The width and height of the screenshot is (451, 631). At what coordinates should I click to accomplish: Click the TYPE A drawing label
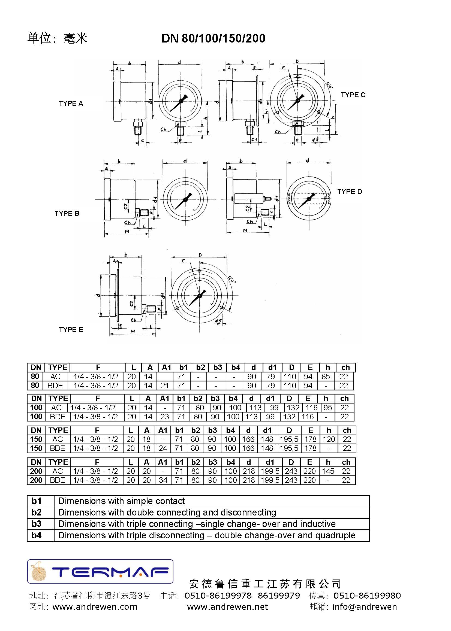pyautogui.click(x=71, y=104)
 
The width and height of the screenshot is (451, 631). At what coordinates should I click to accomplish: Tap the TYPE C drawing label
pyautogui.click(x=353, y=95)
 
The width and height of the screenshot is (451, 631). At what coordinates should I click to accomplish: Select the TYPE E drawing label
pyautogui.click(x=71, y=330)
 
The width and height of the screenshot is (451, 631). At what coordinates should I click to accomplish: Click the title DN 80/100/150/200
pyautogui.click(x=213, y=38)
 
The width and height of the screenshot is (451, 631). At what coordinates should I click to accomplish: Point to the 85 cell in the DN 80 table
pyautogui.click(x=326, y=377)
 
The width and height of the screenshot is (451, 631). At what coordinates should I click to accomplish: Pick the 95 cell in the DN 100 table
pyautogui.click(x=328, y=408)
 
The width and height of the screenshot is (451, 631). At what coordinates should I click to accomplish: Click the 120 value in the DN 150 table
pyautogui.click(x=329, y=439)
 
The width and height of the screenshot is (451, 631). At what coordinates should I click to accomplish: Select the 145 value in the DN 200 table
pyautogui.click(x=328, y=471)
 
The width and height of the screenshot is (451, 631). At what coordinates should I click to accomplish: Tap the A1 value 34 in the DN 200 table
pyautogui.click(x=163, y=480)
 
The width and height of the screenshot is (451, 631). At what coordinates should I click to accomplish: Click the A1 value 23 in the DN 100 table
pyautogui.click(x=165, y=417)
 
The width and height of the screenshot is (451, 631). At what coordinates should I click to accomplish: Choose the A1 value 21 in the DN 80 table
pyautogui.click(x=165, y=386)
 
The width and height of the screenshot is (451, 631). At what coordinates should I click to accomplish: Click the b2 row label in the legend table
pyautogui.click(x=36, y=512)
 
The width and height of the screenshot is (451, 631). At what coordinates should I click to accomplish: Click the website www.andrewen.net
pyautogui.click(x=227, y=607)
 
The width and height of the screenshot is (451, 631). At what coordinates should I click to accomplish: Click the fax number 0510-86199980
pyautogui.click(x=367, y=596)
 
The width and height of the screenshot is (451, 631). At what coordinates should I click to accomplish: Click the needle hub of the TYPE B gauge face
pyautogui.click(x=185, y=199)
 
